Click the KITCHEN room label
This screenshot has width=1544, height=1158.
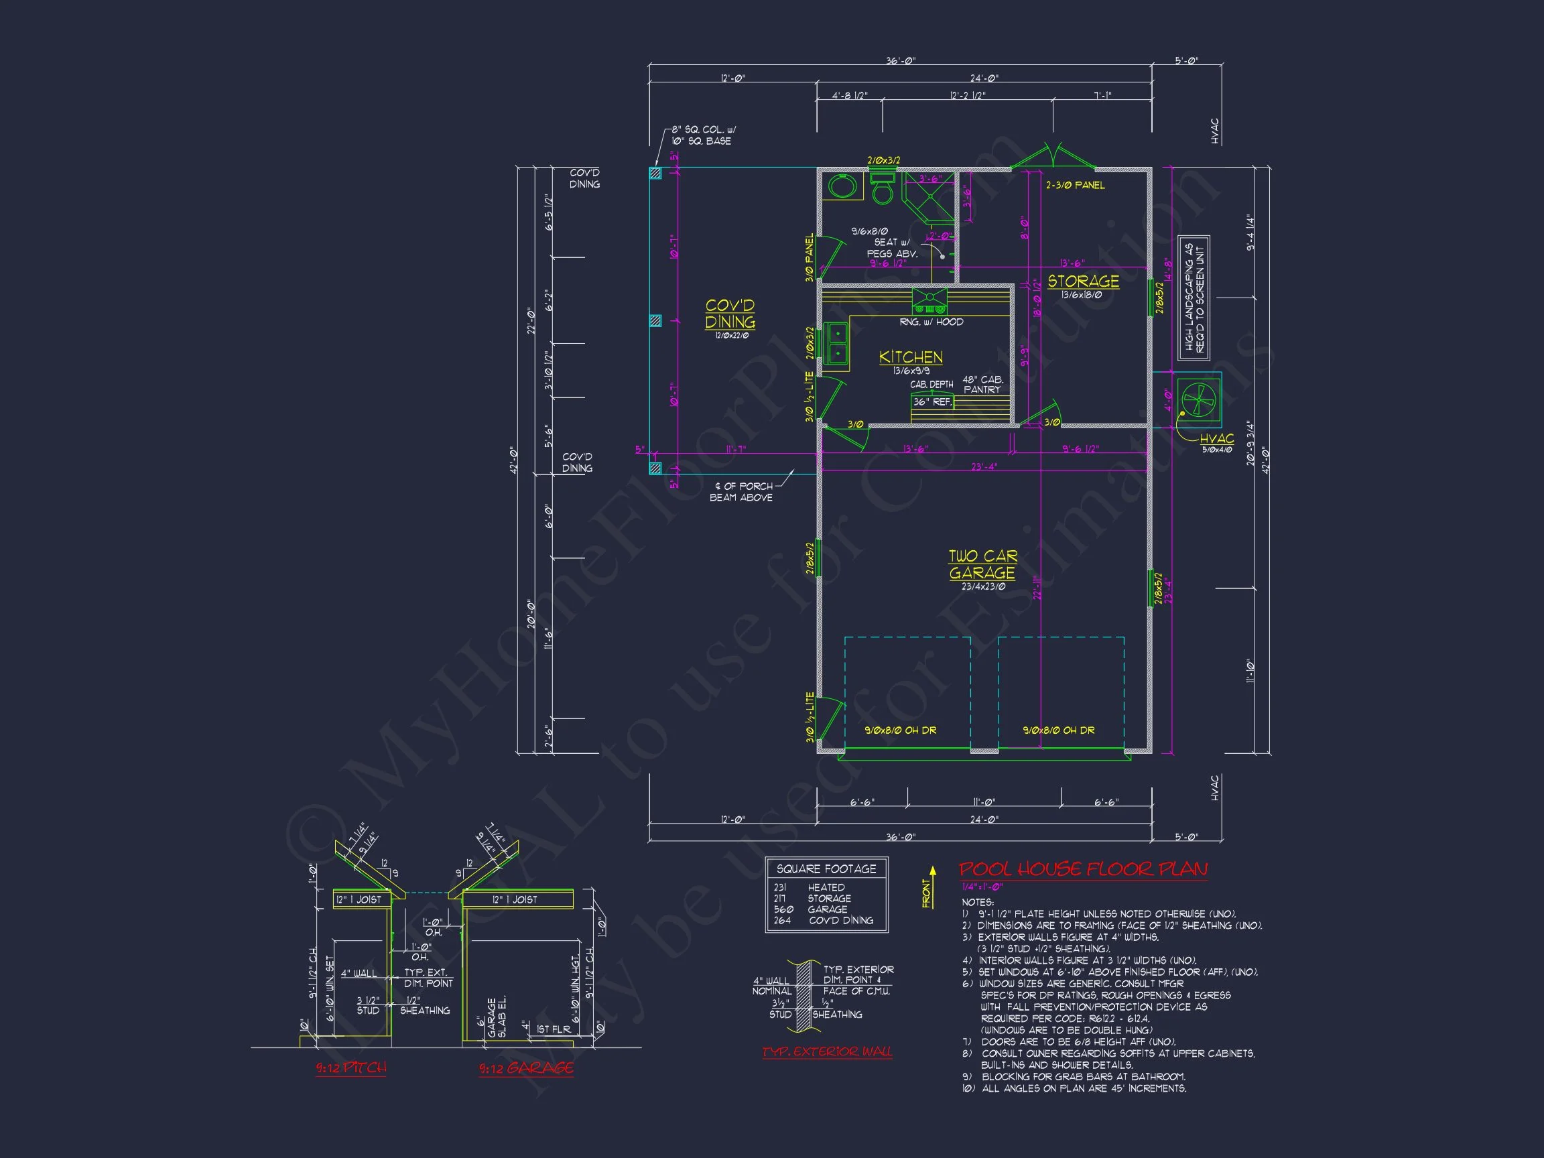click(911, 357)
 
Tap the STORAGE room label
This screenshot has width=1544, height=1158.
click(1083, 281)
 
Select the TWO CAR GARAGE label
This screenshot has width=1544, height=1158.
click(982, 564)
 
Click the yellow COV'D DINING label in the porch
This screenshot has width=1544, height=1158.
click(730, 314)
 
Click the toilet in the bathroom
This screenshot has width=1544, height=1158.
click(883, 189)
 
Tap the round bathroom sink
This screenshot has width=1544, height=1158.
click(843, 186)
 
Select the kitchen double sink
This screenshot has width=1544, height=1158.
click(836, 343)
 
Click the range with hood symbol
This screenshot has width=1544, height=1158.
click(929, 301)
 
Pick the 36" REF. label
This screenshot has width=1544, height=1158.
click(932, 402)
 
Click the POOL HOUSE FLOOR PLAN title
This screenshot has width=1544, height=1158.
click(1083, 869)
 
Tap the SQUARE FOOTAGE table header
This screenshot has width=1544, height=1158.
click(826, 868)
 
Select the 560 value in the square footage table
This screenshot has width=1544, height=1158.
click(783, 909)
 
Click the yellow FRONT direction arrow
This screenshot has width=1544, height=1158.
click(932, 885)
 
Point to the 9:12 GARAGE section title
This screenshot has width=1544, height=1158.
click(525, 1068)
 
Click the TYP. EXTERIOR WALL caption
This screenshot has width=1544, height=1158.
click(826, 1051)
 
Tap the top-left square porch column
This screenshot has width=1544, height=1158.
click(655, 173)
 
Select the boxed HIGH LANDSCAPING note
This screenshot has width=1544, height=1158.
click(1194, 298)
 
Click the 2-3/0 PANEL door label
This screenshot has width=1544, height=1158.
click(1074, 185)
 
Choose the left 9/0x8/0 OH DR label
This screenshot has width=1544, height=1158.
click(901, 730)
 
